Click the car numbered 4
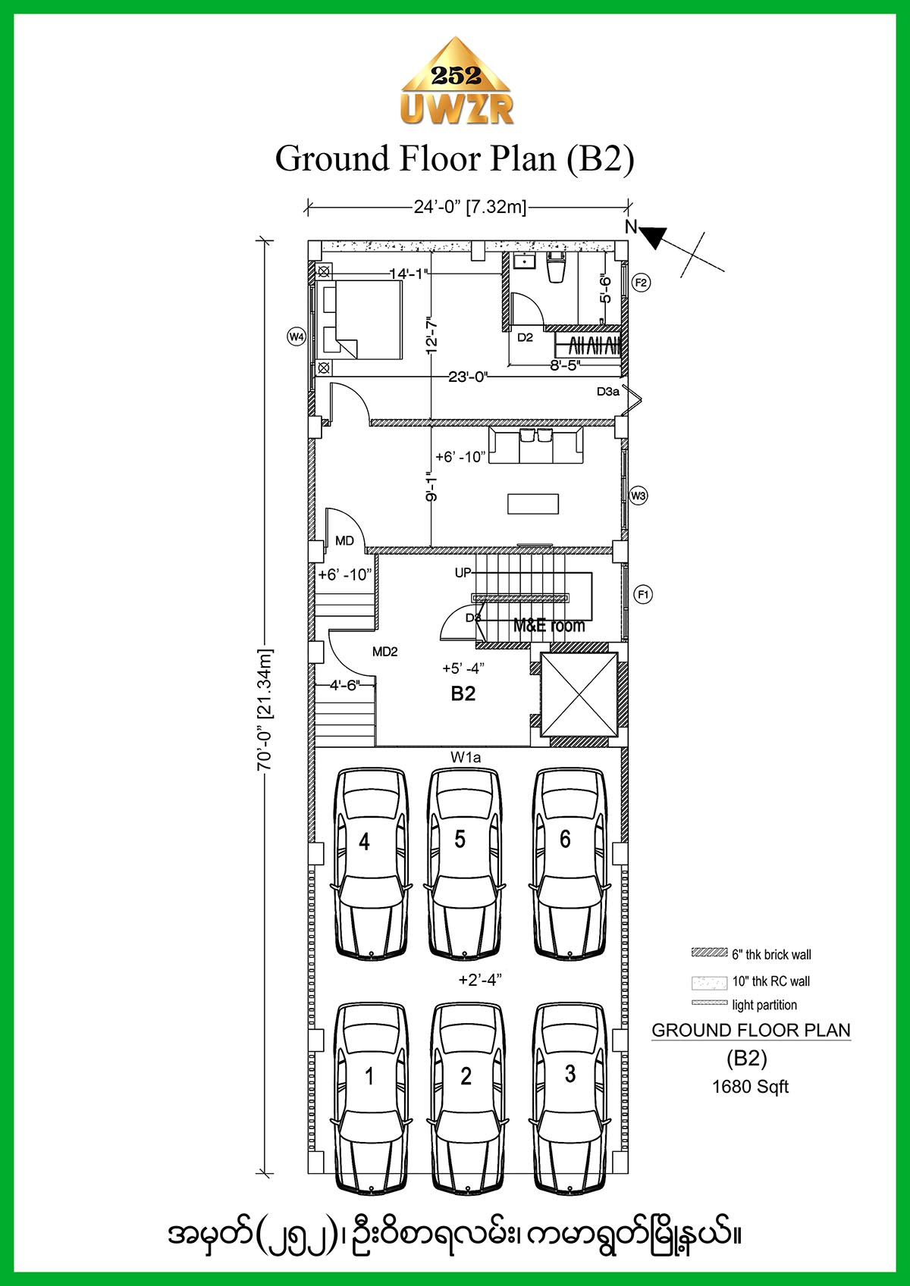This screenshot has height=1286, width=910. (x=371, y=863)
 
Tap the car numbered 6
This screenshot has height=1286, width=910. (x=570, y=863)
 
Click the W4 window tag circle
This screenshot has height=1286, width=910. (x=297, y=336)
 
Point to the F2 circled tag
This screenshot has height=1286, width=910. (x=641, y=283)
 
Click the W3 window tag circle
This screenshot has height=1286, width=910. (x=639, y=496)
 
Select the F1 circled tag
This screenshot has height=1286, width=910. (x=643, y=594)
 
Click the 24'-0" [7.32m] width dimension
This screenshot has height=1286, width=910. (x=470, y=207)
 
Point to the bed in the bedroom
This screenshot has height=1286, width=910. (x=358, y=320)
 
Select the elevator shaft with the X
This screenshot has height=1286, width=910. (x=579, y=695)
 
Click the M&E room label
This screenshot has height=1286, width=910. (x=548, y=626)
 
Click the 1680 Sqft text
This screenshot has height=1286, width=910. (x=750, y=1086)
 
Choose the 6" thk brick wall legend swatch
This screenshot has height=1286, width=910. (x=710, y=953)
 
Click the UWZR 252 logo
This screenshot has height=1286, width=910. (x=457, y=81)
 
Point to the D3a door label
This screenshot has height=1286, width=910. (x=608, y=392)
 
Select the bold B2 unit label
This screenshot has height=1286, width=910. (x=463, y=693)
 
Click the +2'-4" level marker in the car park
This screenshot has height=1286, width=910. (x=480, y=979)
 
